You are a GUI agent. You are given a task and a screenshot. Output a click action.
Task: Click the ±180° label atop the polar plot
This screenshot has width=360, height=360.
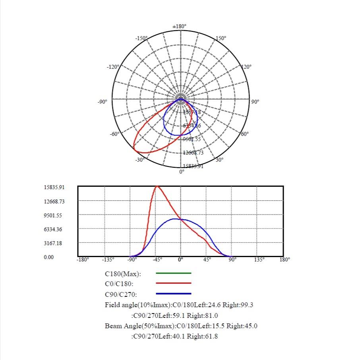[x=180, y=27]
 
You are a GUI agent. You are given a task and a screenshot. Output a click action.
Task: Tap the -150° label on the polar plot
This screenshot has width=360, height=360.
[x=141, y=38]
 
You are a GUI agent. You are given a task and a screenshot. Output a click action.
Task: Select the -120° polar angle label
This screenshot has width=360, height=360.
[x=112, y=67]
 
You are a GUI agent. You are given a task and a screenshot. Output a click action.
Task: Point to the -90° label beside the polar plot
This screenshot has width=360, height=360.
[x=103, y=102]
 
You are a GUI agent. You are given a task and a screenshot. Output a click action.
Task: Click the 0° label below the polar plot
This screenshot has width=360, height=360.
[x=182, y=172]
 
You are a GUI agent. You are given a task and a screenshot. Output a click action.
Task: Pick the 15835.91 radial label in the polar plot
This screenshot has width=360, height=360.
[x=193, y=166]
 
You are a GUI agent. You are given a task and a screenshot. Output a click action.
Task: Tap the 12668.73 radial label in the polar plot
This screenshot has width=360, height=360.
[x=193, y=153]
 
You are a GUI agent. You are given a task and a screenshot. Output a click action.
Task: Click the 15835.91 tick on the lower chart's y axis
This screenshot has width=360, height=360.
[x=54, y=187]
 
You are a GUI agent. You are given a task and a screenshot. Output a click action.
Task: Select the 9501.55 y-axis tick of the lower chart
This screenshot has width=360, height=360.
[x=54, y=215]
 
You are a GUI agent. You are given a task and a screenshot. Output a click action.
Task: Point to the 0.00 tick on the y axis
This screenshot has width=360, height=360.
[x=48, y=257]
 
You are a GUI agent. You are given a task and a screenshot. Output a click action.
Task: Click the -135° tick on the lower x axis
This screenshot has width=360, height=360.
[x=108, y=259]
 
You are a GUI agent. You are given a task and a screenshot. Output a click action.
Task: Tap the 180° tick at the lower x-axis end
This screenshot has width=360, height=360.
[x=285, y=259]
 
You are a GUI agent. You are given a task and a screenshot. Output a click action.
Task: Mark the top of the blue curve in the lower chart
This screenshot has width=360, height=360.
[x=174, y=219]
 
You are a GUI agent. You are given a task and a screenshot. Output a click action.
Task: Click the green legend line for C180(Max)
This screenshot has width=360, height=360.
[x=174, y=273]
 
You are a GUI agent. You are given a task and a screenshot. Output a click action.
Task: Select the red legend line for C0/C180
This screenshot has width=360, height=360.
[x=174, y=283]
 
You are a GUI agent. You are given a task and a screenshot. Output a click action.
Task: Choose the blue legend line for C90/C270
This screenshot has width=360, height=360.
[x=174, y=294]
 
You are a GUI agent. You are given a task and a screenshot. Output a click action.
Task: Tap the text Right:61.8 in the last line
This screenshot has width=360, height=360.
[x=202, y=336]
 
